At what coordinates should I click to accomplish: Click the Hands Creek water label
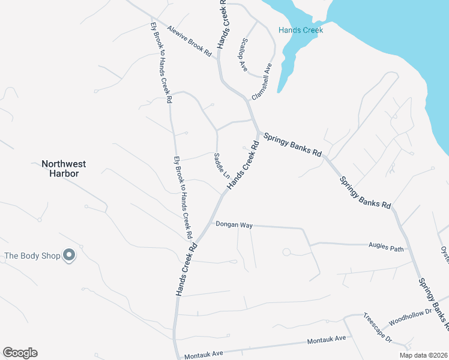click(x=301, y=30)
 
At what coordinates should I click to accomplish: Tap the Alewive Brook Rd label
click(x=190, y=41)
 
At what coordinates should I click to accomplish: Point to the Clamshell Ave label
click(x=262, y=81)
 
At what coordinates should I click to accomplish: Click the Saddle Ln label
click(x=221, y=166)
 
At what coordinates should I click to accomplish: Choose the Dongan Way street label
click(x=234, y=225)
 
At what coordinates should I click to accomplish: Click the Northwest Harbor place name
click(x=64, y=168)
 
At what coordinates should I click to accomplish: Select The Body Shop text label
click(x=32, y=256)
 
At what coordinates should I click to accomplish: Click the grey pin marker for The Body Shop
click(x=69, y=255)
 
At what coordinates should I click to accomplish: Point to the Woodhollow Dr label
click(x=411, y=316)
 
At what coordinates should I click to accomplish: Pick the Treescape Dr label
click(x=377, y=328)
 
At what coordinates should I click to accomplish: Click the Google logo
click(x=20, y=353)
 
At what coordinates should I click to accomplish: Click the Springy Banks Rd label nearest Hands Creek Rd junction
click(x=292, y=144)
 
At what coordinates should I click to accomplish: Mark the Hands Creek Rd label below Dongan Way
click(x=187, y=269)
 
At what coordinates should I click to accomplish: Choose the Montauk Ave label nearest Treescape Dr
click(x=326, y=340)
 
